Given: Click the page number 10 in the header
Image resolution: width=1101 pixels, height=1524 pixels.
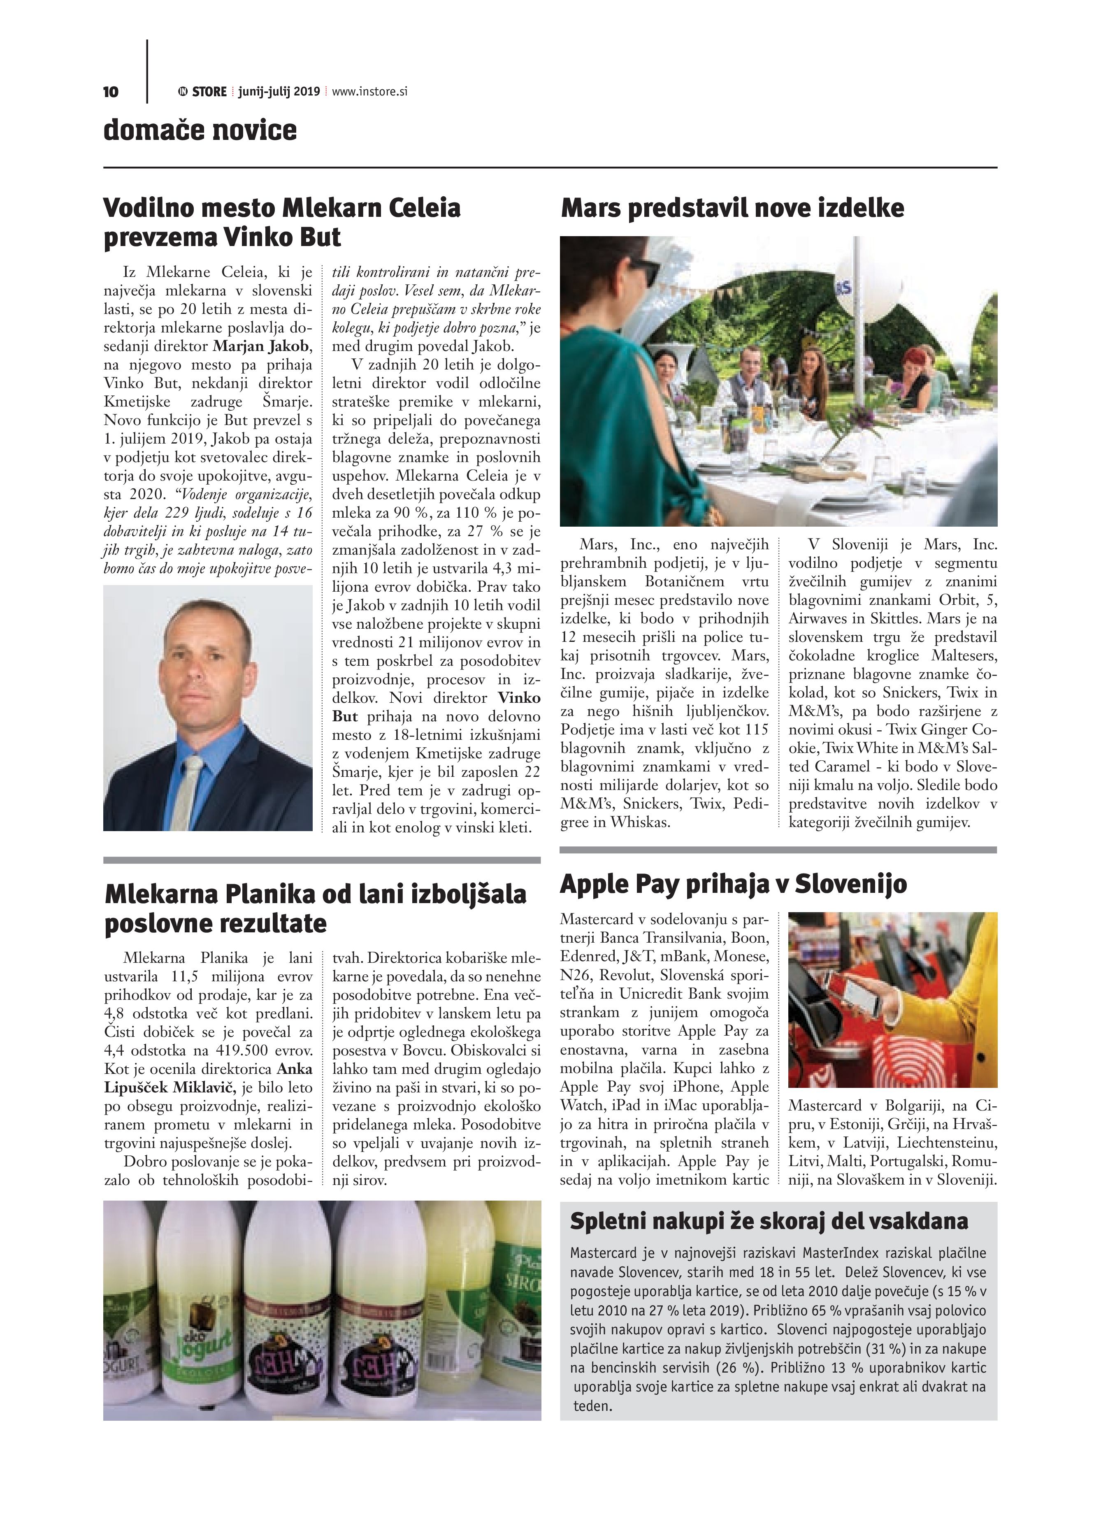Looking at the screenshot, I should click(111, 91).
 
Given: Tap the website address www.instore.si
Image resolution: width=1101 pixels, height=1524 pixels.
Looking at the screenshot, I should click(369, 91).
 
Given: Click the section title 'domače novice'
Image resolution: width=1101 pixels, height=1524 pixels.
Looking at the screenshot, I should click(200, 130).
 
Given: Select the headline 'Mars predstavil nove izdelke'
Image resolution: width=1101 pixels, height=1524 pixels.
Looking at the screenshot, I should click(732, 208).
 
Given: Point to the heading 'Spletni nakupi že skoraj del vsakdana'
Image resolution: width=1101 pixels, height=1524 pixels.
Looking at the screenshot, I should click(769, 1221).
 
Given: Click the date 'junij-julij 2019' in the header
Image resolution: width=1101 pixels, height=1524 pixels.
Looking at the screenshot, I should click(279, 91).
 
